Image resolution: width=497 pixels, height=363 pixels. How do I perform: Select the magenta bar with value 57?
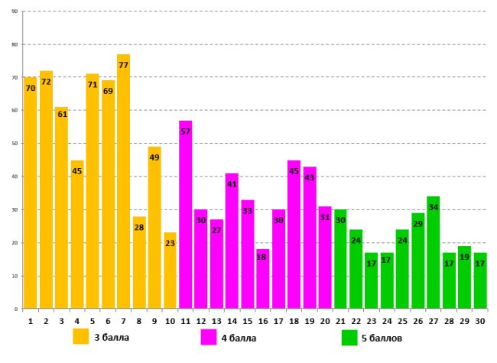click(185, 215)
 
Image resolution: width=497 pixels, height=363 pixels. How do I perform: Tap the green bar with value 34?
click(434, 252)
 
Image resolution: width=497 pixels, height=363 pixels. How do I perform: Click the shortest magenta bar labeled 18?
click(262, 279)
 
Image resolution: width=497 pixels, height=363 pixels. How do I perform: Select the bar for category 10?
click(170, 271)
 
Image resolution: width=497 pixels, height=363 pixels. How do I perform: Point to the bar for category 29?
click(465, 277)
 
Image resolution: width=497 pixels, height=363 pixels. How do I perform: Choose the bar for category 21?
click(340, 259)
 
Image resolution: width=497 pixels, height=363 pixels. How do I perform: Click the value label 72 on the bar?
click(46, 81)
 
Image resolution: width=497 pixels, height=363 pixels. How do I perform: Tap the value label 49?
click(154, 157)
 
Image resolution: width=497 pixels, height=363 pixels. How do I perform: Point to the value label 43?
click(309, 177)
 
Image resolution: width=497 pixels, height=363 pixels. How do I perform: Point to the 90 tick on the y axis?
click(15, 11)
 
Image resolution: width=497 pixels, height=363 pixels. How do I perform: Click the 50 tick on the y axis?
click(15, 144)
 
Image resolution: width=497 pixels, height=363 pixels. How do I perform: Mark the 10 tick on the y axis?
click(15, 276)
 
